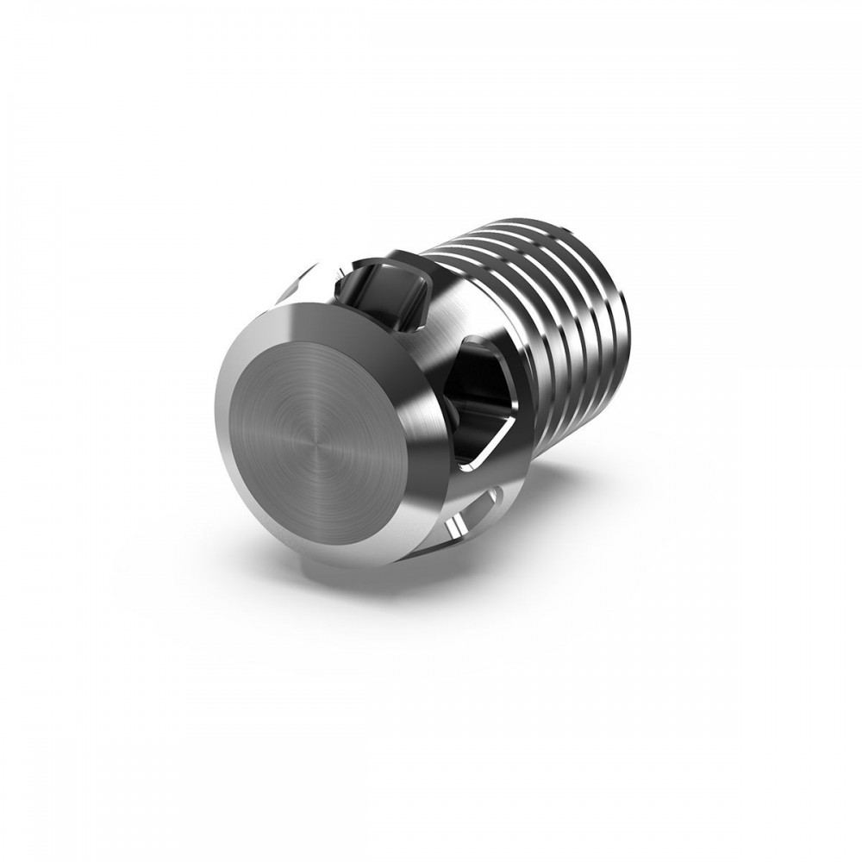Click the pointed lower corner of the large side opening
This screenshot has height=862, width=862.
click(x=470, y=470)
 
